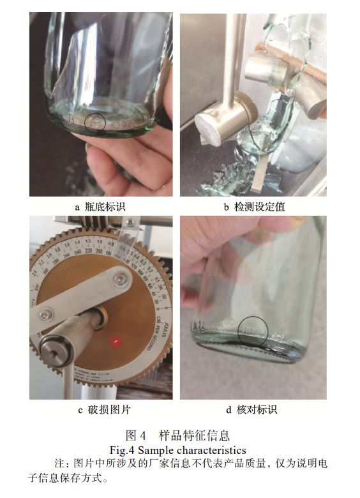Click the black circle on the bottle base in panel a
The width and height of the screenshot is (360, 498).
[x=96, y=121]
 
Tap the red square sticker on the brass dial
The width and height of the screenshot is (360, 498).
[x=116, y=342]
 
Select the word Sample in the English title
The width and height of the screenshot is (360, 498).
[x=158, y=449]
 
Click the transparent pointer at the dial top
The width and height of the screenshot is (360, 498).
[x=131, y=243]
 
